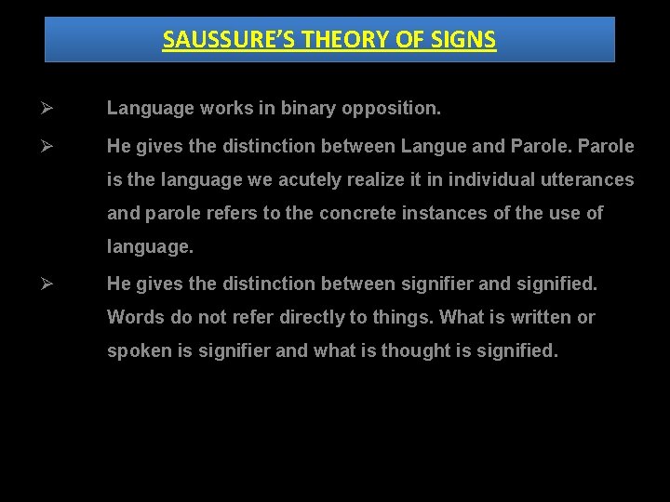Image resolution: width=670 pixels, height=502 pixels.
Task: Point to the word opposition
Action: point(391,109)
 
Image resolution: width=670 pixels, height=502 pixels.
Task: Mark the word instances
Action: point(451,213)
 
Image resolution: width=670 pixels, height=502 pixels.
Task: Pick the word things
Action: point(402,317)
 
